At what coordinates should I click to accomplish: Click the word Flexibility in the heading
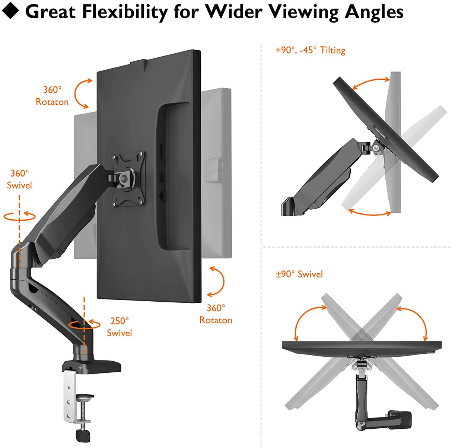(x=124, y=12)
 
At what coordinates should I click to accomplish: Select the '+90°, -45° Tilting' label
(x=310, y=50)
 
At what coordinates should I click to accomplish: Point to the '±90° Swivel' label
(x=299, y=274)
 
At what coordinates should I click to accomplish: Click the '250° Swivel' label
(x=119, y=327)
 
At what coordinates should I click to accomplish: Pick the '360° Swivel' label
(x=19, y=179)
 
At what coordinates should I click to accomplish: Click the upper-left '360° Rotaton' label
(x=52, y=96)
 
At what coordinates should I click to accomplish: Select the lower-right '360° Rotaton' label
(x=216, y=314)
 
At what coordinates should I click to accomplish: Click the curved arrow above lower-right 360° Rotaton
(x=217, y=281)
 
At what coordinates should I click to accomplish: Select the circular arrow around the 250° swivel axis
(x=84, y=325)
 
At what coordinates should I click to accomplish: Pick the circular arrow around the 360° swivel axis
(x=20, y=216)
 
